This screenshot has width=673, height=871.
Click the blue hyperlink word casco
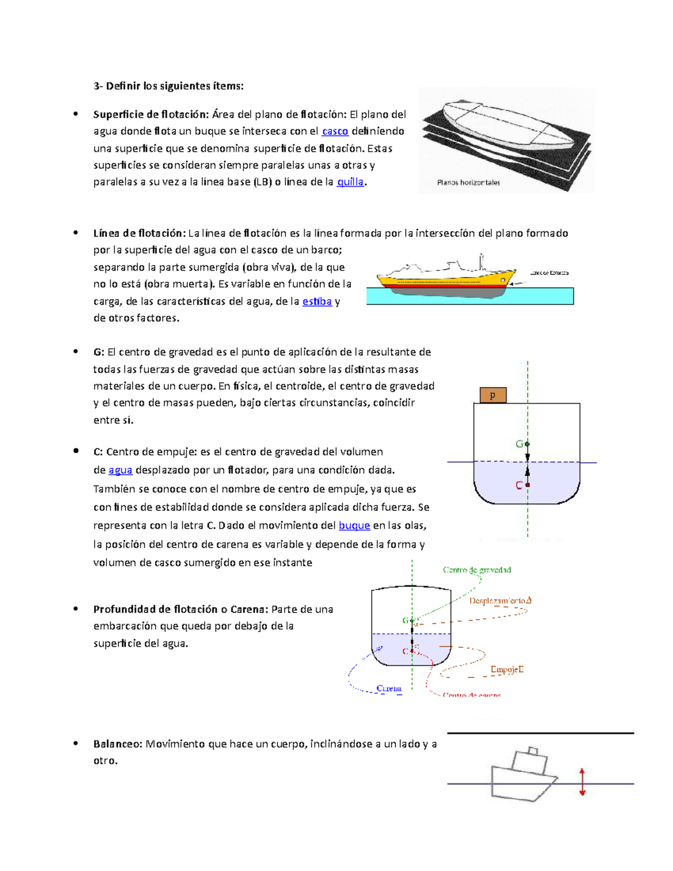coord(335,131)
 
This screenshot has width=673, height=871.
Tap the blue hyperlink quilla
coord(350,182)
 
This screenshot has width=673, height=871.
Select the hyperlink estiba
coord(317,301)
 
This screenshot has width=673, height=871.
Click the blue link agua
coord(120,470)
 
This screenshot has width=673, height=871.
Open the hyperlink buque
coord(354,526)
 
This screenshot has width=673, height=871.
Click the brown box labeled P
coord(493,396)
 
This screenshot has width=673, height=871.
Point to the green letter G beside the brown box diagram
coord(519,444)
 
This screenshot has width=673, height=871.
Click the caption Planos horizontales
coord(468,182)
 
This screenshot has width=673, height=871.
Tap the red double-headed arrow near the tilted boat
coord(582,782)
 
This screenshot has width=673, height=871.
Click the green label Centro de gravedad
coord(477,570)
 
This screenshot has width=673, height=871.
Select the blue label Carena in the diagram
coord(389,688)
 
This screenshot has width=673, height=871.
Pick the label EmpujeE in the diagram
coord(507,669)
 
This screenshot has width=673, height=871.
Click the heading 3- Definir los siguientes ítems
coord(168,86)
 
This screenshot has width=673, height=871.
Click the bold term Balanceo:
coord(118,744)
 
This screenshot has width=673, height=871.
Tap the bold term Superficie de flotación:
coord(151,114)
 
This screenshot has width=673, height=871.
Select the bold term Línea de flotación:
coord(139,233)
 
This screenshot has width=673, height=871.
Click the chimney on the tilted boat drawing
coord(533,751)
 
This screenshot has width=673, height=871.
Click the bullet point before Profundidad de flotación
coord(75,609)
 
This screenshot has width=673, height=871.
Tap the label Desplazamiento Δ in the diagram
coord(500,601)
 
